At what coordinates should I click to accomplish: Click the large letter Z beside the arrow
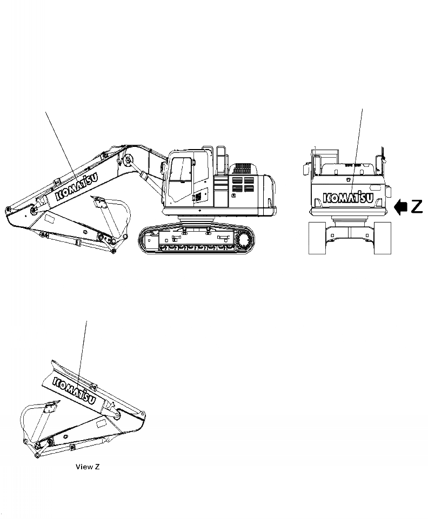pos(416,207)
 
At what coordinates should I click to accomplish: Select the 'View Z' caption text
pos(87,466)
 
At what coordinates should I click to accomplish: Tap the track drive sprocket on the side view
pos(244,239)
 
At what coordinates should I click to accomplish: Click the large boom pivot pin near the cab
pos(128,160)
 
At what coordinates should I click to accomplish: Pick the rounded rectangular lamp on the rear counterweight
pos(387,190)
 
